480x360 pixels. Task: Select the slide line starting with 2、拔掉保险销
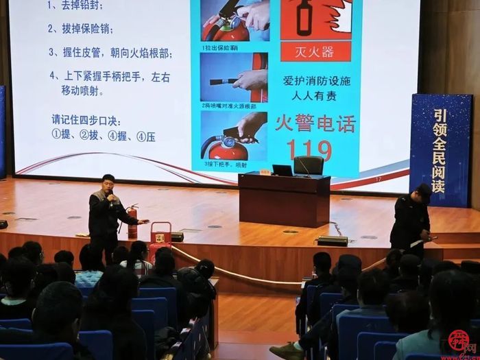(81, 29)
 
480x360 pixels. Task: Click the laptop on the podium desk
(282, 170)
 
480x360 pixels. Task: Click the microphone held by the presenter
(109, 198)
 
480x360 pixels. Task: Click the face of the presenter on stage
(108, 185)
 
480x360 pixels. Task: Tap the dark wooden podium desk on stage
(284, 199)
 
